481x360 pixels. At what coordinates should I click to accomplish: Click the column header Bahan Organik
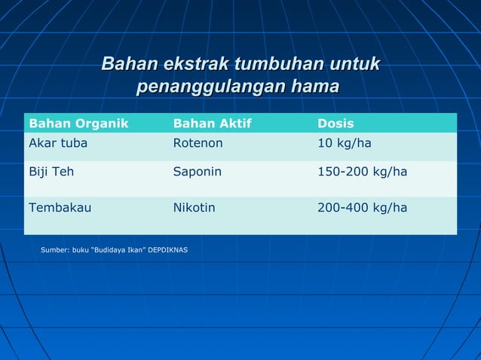coord(78,124)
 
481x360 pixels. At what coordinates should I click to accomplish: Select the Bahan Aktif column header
coord(212,124)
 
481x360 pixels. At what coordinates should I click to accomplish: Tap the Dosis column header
coord(335,124)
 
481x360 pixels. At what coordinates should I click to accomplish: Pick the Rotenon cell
coord(198,144)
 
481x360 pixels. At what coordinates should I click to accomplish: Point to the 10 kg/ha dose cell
coord(345,144)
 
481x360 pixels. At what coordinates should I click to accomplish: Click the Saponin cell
coord(198,172)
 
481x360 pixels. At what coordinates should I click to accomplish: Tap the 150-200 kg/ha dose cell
coord(363,172)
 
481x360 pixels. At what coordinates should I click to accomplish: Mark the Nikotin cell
coord(194,208)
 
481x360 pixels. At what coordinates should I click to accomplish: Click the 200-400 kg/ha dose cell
coord(363,208)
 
